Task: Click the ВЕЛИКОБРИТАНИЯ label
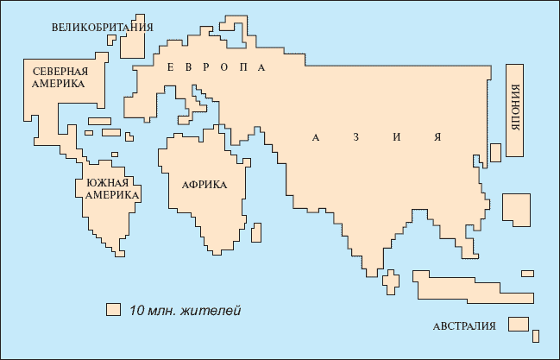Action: [102, 27]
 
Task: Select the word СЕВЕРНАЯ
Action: [61, 71]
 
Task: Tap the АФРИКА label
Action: [204, 184]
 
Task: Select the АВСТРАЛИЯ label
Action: [464, 326]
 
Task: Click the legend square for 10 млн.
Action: [112, 309]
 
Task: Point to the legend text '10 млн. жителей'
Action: [185, 310]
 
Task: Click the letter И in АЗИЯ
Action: [398, 136]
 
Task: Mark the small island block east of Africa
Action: [256, 231]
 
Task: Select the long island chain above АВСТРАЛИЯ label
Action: [466, 286]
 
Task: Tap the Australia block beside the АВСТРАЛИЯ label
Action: [518, 324]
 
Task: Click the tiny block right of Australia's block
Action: [537, 335]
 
